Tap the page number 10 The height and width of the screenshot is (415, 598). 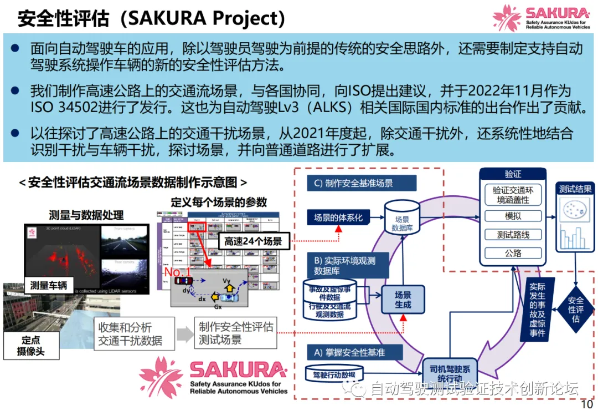586,403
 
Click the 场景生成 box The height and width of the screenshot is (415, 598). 403,300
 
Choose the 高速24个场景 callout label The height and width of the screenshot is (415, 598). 253,241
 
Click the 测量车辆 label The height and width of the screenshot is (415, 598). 49,286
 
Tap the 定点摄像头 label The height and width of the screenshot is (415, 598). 30,346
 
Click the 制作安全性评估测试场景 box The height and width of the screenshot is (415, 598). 235,333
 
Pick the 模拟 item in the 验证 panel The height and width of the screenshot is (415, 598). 513,216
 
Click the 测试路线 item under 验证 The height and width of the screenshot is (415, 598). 513,235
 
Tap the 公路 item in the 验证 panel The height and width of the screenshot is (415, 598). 513,253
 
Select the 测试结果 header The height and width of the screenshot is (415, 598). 575,189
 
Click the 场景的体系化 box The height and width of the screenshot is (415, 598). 338,217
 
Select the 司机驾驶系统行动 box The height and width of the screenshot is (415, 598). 449,373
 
